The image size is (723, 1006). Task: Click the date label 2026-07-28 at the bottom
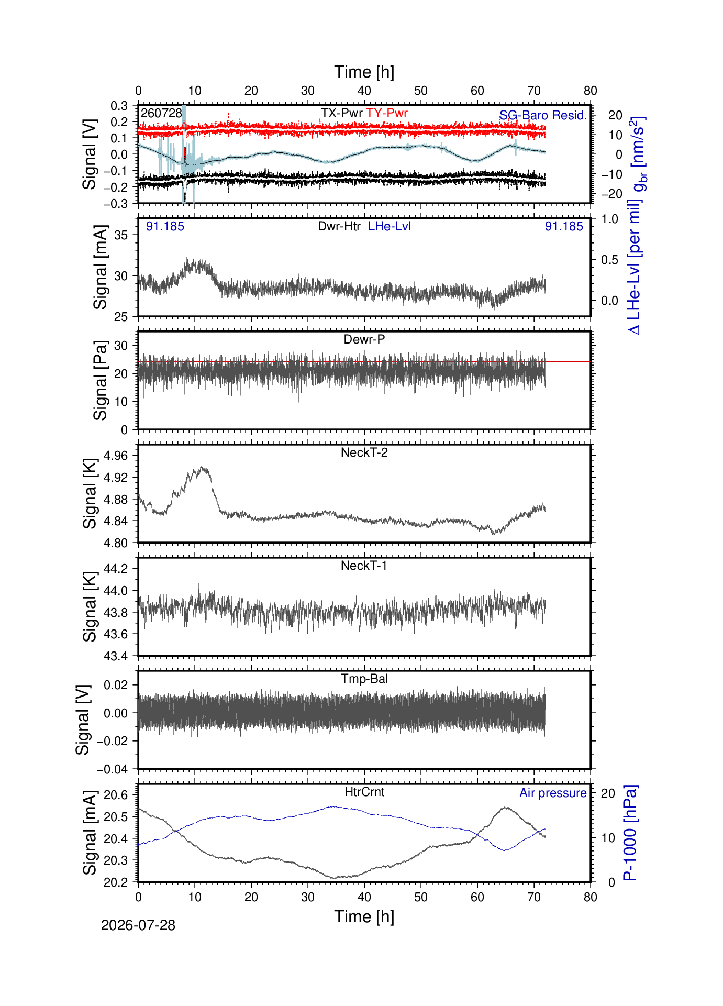pyautogui.click(x=138, y=925)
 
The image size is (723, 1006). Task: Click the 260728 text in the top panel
pyautogui.click(x=161, y=113)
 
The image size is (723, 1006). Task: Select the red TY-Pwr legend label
pyautogui.click(x=387, y=113)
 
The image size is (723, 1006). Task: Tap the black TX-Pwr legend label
pyautogui.click(x=342, y=113)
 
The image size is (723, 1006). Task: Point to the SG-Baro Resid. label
pyautogui.click(x=543, y=115)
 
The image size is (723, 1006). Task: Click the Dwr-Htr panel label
pyautogui.click(x=339, y=226)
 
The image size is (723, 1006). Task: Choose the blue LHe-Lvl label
pyautogui.click(x=390, y=226)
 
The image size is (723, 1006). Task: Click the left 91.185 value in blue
pyautogui.click(x=165, y=226)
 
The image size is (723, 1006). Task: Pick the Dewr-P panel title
pyautogui.click(x=364, y=339)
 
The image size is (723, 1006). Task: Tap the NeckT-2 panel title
pyautogui.click(x=364, y=452)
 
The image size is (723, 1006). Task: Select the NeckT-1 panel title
pyautogui.click(x=364, y=566)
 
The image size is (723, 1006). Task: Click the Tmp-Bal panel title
pyautogui.click(x=364, y=679)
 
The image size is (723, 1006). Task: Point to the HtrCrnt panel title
pyautogui.click(x=364, y=792)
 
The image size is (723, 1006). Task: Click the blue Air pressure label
pyautogui.click(x=553, y=793)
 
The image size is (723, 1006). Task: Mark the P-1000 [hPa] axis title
pyautogui.click(x=630, y=833)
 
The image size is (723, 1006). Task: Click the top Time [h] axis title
pyautogui.click(x=364, y=72)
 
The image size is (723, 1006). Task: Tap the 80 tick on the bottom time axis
pyautogui.click(x=591, y=897)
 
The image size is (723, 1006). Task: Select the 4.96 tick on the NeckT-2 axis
pyautogui.click(x=116, y=456)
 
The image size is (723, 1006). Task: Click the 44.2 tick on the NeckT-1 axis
pyautogui.click(x=116, y=569)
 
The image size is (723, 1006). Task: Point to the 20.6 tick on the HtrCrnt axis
pyautogui.click(x=116, y=795)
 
